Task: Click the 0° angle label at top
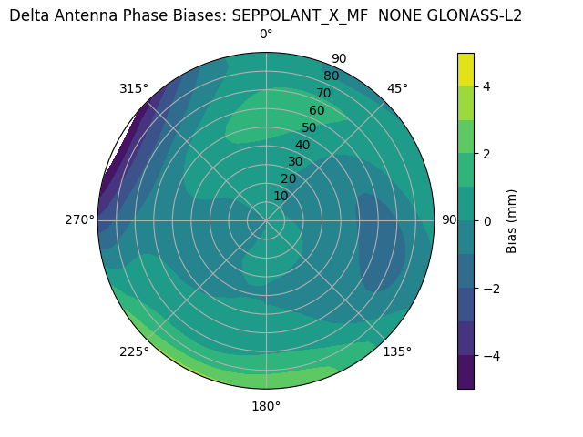266,35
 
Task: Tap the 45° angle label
398,88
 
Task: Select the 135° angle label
397,351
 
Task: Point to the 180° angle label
266,406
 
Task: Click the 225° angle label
134,351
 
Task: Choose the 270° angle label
79,219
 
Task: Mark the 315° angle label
134,88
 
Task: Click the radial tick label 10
281,196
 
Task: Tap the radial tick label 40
302,145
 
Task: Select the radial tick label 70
323,93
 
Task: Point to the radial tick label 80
331,76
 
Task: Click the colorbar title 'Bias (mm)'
512,220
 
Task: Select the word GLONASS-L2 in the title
475,15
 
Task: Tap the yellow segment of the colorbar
465,69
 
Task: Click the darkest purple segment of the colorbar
465,371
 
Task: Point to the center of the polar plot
266,220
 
